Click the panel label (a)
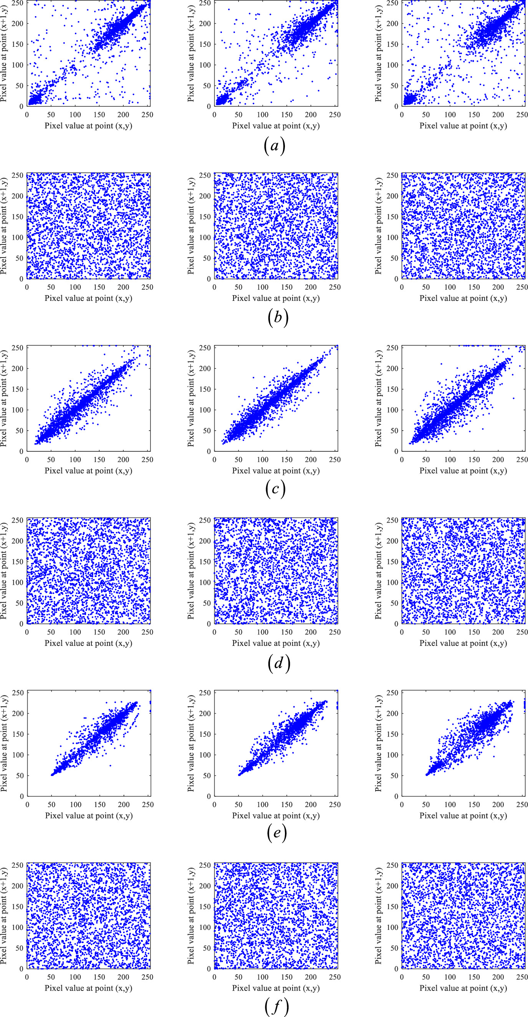point(275,146)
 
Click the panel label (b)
point(278,317)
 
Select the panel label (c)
point(275,489)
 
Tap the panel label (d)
point(278,662)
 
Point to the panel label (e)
point(276,833)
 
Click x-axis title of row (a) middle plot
point(276,125)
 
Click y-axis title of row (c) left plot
point(4,398)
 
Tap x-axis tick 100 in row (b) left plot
point(75,287)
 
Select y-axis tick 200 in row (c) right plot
point(392,368)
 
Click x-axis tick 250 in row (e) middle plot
point(334,805)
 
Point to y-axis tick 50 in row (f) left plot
point(19,948)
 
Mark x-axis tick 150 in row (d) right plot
point(474,632)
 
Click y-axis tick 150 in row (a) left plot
point(17,44)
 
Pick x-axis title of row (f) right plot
point(463,988)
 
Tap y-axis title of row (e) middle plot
point(191,743)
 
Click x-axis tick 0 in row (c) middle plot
point(214,459)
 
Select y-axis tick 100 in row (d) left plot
point(17,582)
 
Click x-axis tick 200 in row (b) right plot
point(498,287)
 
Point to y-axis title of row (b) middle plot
point(191,226)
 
